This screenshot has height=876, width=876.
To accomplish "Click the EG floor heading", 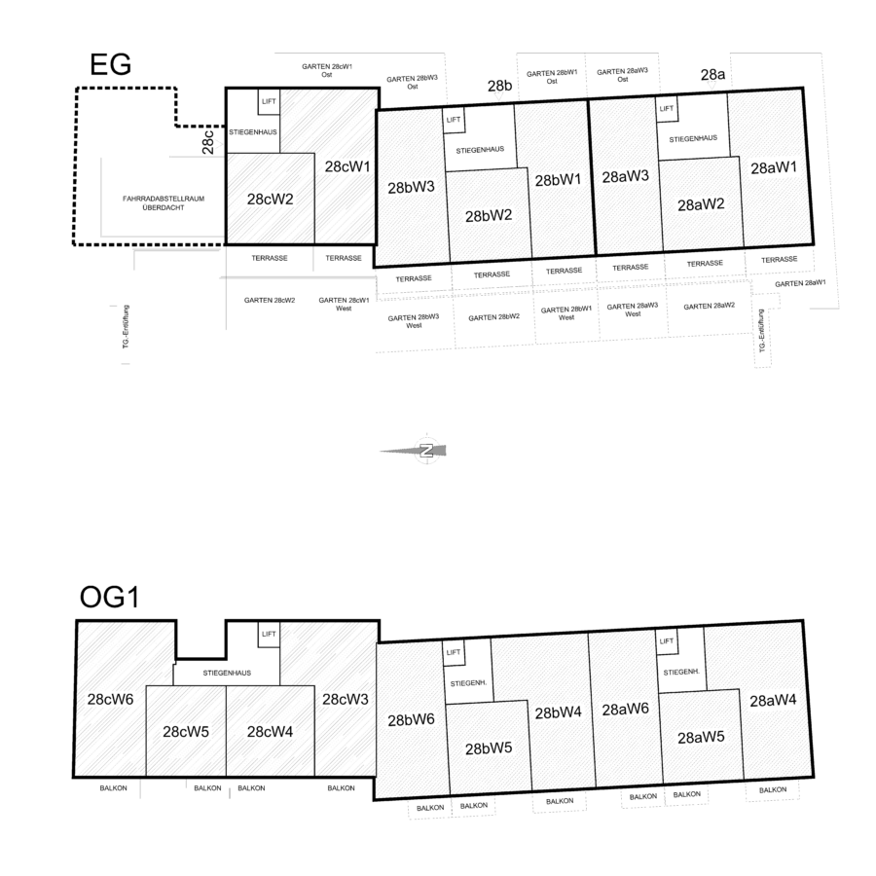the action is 110,64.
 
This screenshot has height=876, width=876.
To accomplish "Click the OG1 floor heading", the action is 109,597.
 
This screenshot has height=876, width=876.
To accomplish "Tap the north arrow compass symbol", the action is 426,451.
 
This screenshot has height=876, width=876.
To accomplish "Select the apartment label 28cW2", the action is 270,199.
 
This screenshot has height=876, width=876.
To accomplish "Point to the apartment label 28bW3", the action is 411,188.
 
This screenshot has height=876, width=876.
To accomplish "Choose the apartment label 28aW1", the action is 774,167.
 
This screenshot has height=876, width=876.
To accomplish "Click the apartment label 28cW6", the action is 110,699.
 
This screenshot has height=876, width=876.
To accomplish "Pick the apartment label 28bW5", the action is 489,748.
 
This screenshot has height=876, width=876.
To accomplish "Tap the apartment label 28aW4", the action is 773,701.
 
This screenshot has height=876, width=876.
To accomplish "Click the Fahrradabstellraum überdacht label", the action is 164,202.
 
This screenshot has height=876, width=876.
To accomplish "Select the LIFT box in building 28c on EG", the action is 269,101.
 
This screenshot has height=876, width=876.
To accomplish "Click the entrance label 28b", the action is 499,86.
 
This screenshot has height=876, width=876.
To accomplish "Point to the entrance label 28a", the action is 712,74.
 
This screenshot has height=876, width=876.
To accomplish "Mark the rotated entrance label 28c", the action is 208,142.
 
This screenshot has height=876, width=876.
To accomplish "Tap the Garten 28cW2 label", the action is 270,300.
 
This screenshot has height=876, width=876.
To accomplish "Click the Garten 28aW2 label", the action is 709,307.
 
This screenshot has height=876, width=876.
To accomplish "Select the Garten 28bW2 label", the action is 493,317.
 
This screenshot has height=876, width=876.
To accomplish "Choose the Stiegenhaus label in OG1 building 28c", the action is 227,674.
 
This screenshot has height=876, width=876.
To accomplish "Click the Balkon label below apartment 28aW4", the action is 773,790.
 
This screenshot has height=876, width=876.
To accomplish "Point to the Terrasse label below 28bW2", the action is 492,274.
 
